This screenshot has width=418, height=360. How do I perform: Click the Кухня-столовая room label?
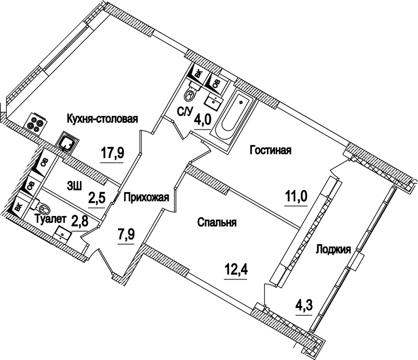tap(102, 119)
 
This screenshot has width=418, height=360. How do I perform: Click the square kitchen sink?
tap(68, 141)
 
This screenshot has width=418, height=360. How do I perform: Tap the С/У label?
tap(185, 111)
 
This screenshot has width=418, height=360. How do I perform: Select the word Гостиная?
tap(271, 150)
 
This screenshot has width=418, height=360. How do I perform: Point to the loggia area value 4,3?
tap(304, 303)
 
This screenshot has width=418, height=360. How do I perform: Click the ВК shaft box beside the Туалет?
tap(18, 206)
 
